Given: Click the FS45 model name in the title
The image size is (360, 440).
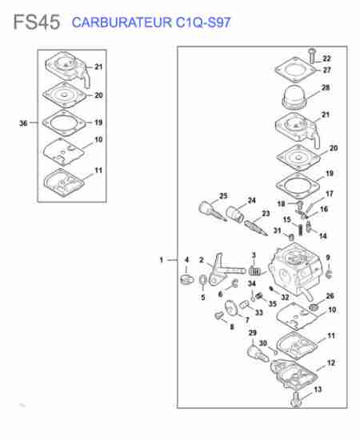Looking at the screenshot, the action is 37,22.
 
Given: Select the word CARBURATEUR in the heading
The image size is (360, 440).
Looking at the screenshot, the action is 122,22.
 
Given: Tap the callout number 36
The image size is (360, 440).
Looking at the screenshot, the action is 23,123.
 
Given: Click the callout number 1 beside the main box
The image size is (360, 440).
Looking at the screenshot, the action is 162,260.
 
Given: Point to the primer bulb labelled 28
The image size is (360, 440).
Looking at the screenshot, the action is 294,97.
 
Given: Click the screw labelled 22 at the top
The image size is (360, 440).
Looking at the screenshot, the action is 312,56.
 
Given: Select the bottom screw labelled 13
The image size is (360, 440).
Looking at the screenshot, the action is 296,399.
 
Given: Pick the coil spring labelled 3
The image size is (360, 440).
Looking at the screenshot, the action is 255,271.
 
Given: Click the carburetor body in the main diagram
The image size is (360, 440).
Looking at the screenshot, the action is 294,270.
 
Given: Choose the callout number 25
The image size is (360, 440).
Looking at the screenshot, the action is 223,196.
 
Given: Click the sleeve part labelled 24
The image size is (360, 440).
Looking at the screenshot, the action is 235,214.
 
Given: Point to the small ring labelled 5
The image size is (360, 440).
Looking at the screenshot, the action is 203,280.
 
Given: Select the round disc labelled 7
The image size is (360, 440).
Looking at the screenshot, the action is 231,308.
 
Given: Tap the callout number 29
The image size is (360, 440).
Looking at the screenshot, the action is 253,333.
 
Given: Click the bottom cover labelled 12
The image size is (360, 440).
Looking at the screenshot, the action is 294,375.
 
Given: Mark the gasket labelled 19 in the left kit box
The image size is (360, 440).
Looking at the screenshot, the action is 64,123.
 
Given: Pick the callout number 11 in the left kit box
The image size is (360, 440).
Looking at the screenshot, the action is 98,170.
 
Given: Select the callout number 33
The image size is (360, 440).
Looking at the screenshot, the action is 258,312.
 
